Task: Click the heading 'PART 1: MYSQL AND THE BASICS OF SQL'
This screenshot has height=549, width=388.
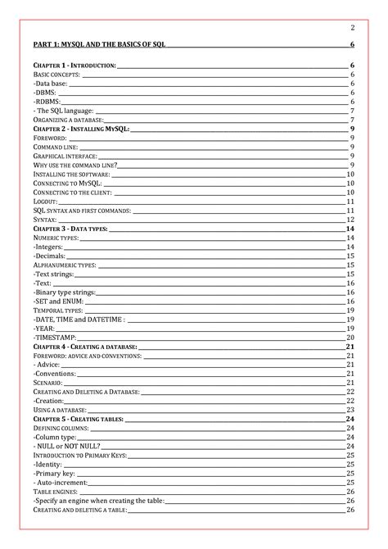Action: pyautogui.click(x=98, y=44)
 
